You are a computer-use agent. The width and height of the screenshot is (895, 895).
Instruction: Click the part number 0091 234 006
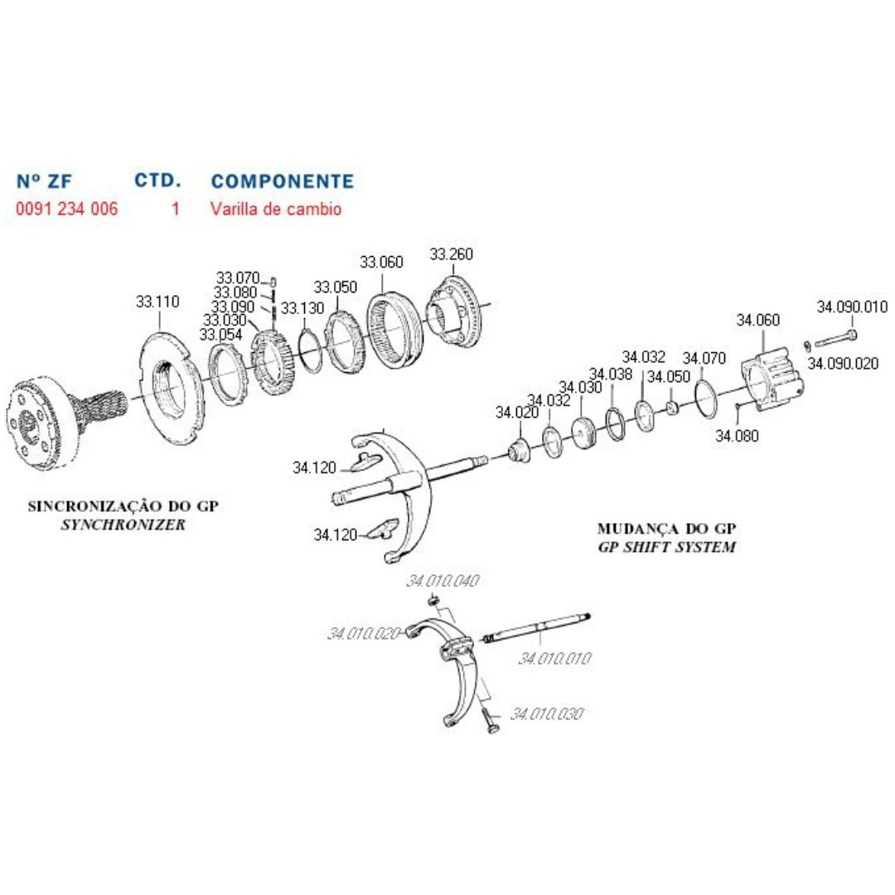[x=66, y=209]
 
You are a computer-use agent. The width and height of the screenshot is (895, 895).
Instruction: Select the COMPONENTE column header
[x=283, y=181]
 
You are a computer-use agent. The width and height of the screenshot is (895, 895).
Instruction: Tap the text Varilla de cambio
[x=275, y=209]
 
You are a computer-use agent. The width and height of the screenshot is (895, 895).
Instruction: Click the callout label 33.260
[x=452, y=254]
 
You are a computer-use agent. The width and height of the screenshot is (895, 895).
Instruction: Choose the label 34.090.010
[x=852, y=307]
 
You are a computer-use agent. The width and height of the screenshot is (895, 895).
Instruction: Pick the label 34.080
[x=737, y=436]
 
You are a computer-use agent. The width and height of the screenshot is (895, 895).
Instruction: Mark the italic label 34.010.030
[x=548, y=714]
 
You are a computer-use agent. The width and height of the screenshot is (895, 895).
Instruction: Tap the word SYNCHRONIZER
[x=123, y=525]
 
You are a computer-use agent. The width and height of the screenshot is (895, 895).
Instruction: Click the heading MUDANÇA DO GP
[x=667, y=529]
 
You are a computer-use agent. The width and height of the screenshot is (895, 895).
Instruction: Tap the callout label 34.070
[x=704, y=358]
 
